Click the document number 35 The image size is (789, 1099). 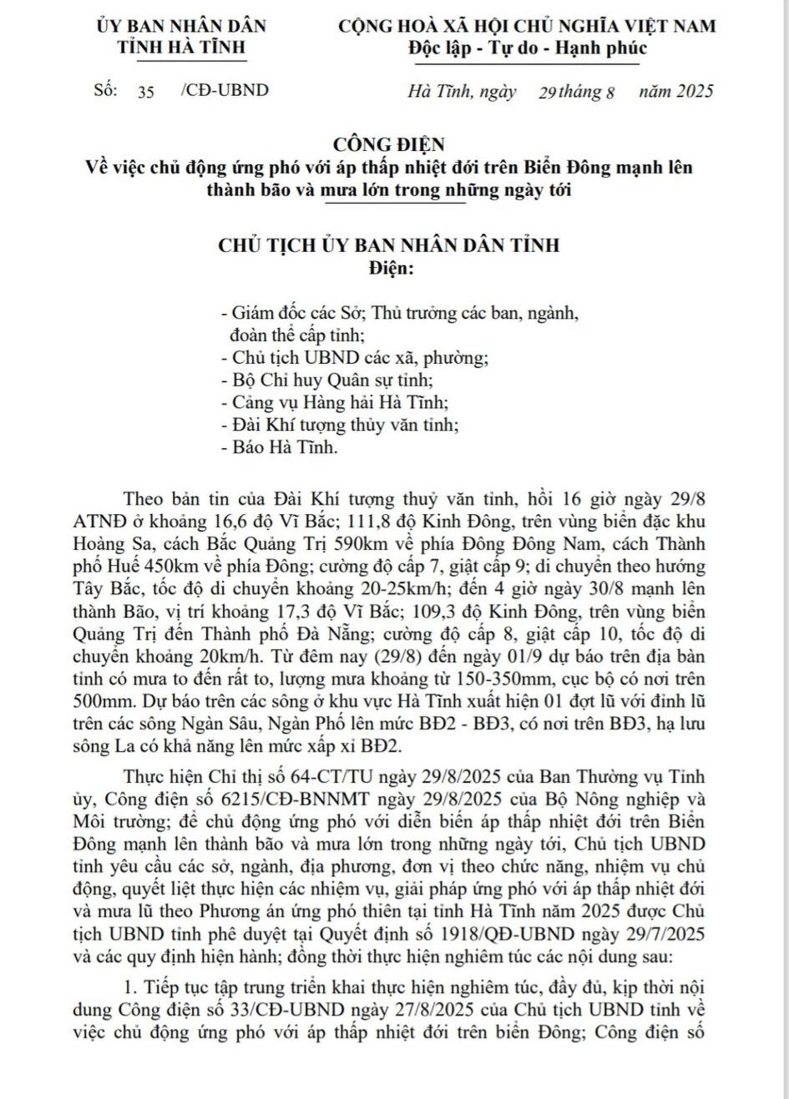[146, 92]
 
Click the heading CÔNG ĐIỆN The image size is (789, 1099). [389, 145]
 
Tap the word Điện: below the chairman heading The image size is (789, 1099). [390, 269]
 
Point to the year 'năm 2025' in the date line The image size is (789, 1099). [675, 91]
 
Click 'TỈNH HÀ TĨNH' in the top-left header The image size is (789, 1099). [181, 47]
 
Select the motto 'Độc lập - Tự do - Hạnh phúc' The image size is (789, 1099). [527, 48]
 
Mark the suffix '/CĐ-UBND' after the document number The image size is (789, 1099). [225, 91]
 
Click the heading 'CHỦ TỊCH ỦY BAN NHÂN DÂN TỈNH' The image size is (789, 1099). [389, 246]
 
